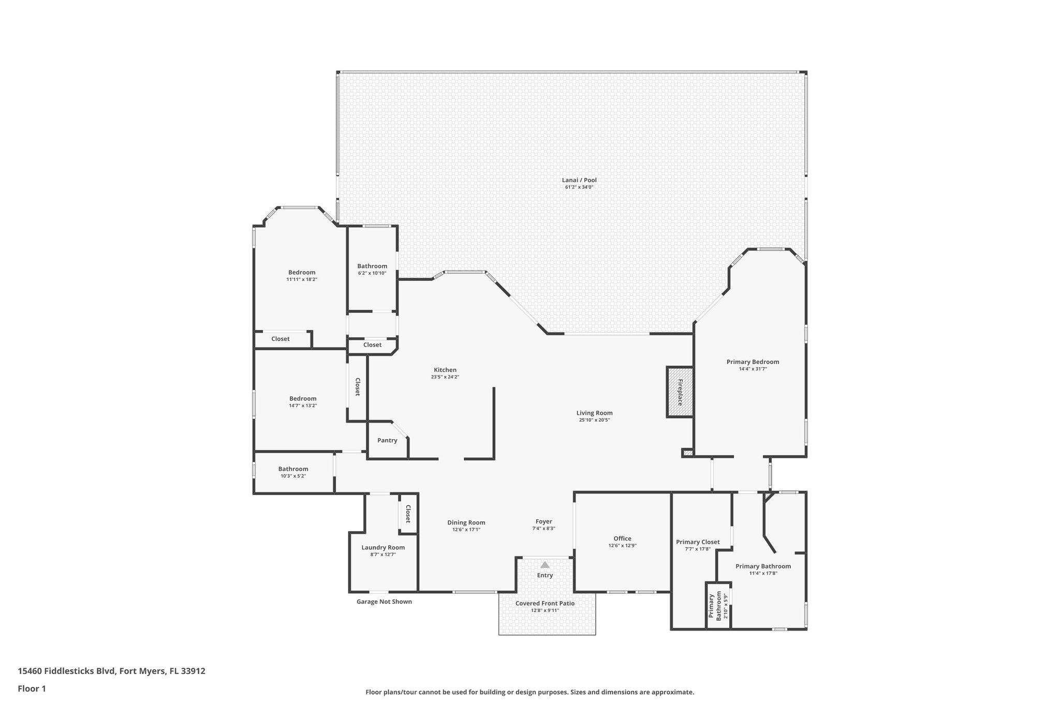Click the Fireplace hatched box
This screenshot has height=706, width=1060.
click(x=680, y=392)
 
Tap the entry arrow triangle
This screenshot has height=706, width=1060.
click(x=544, y=565)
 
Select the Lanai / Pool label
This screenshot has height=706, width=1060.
click(x=579, y=180)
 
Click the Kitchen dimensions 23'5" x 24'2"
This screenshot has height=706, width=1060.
click(x=445, y=377)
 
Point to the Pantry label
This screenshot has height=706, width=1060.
click(x=387, y=440)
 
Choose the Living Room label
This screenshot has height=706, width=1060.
click(x=594, y=413)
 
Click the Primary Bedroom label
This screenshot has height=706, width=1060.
click(x=753, y=362)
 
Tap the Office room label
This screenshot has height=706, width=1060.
click(x=622, y=538)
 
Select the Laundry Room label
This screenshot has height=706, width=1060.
click(x=383, y=547)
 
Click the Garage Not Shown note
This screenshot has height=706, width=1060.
click(x=384, y=602)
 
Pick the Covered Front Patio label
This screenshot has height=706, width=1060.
click(x=544, y=603)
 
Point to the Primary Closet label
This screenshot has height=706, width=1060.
click(x=698, y=542)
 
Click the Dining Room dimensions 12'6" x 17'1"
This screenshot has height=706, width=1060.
click(x=466, y=530)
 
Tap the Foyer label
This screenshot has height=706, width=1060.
click(x=543, y=521)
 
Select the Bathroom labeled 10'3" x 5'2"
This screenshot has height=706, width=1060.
click(x=293, y=469)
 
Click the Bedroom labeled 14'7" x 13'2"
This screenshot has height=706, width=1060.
click(x=303, y=398)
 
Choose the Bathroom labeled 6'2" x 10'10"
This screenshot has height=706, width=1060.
click(x=372, y=266)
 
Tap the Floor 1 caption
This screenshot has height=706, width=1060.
click(x=32, y=688)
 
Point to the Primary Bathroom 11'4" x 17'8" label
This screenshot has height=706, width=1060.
click(x=763, y=566)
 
